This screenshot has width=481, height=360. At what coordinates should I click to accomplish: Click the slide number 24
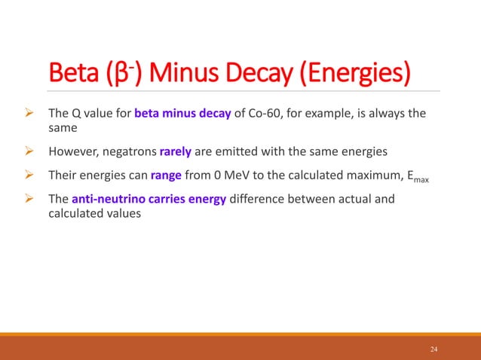(x=434, y=349)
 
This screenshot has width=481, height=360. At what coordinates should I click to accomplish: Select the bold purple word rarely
(x=176, y=151)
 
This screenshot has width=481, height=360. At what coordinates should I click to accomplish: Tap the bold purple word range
(x=166, y=175)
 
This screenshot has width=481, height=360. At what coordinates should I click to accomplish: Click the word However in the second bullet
(x=70, y=151)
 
